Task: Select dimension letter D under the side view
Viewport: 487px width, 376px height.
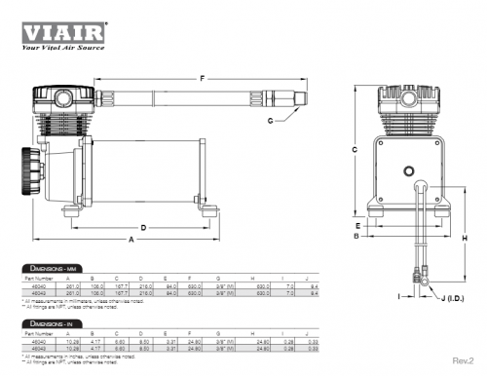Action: pyautogui.click(x=143, y=227)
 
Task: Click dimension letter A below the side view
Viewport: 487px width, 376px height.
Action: pyautogui.click(x=131, y=240)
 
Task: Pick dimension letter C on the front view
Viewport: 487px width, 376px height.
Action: pyautogui.click(x=356, y=149)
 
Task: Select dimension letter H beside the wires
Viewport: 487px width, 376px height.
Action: pyautogui.click(x=465, y=239)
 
